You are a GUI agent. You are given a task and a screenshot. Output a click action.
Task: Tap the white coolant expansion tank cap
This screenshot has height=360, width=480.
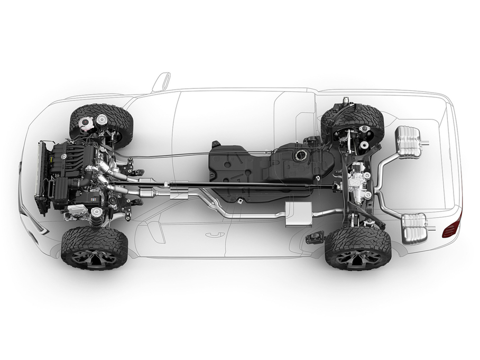click(x=84, y=125)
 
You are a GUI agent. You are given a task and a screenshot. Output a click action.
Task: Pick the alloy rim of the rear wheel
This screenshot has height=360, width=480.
click(x=358, y=256)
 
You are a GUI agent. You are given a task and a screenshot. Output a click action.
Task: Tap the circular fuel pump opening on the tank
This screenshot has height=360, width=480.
click(x=301, y=156)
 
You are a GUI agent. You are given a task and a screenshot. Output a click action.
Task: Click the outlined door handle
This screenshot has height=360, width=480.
click(x=215, y=234)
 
